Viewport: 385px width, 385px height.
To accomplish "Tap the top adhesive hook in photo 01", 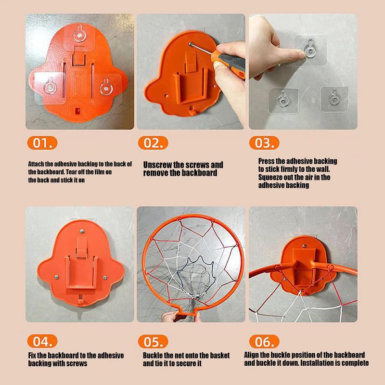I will pos(77,36).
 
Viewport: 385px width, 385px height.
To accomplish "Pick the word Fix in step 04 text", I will pos(33,356).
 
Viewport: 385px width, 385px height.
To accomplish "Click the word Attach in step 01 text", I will pos(38,164).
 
